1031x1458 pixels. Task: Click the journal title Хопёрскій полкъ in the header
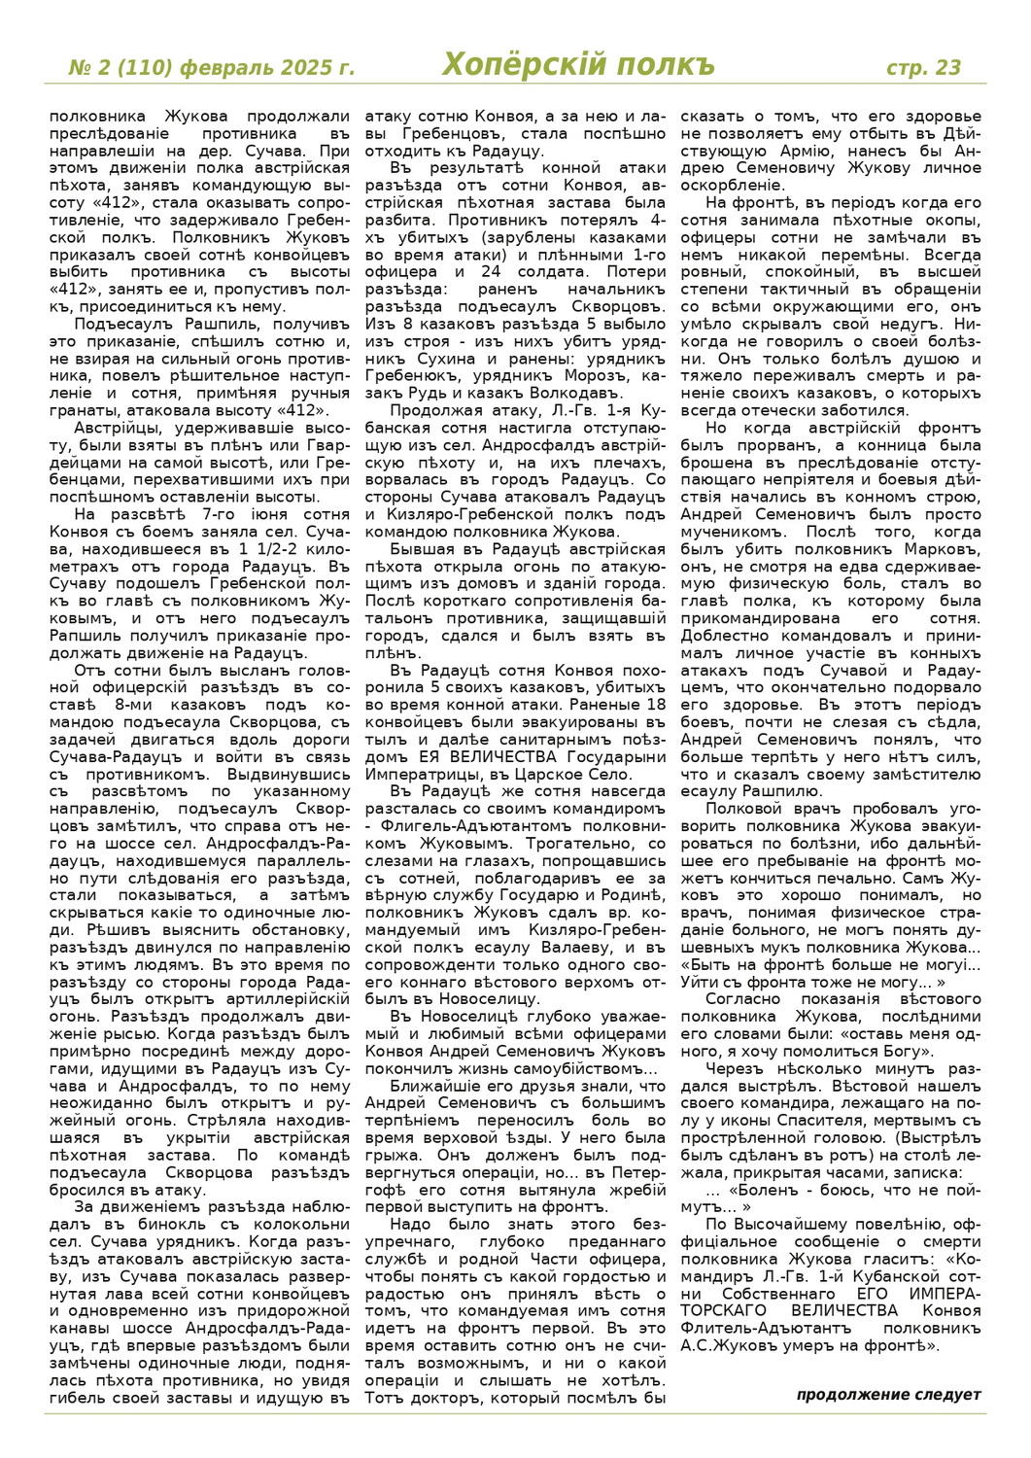pos(578,65)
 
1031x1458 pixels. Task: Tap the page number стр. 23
pos(923,67)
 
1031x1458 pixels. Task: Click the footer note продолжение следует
pos(888,1395)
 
